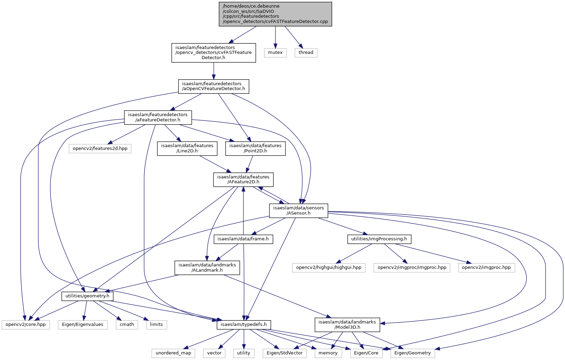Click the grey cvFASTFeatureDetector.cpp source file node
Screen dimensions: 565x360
click(275, 14)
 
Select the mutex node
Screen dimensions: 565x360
click(275, 53)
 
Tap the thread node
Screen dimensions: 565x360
click(306, 53)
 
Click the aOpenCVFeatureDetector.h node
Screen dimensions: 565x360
click(213, 87)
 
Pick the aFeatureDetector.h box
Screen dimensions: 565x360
click(158, 118)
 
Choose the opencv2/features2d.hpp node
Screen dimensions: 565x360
click(100, 149)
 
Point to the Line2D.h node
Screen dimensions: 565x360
click(187, 149)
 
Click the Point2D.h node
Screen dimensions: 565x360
click(255, 149)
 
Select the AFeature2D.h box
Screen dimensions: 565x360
click(243, 180)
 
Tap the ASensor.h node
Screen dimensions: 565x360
click(298, 211)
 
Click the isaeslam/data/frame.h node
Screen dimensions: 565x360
click(243, 239)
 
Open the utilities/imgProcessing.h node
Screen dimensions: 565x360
click(379, 239)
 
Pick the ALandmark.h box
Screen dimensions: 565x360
click(207, 268)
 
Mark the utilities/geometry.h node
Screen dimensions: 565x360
click(87, 296)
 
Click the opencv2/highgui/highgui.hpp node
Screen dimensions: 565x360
click(329, 268)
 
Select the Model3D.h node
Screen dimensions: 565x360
click(347, 325)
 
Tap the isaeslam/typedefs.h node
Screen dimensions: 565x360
click(244, 325)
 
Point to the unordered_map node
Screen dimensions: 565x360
click(173, 353)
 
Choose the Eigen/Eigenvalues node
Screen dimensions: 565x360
click(83, 325)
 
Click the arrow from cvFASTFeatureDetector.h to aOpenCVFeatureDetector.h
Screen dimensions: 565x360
click(214, 71)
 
